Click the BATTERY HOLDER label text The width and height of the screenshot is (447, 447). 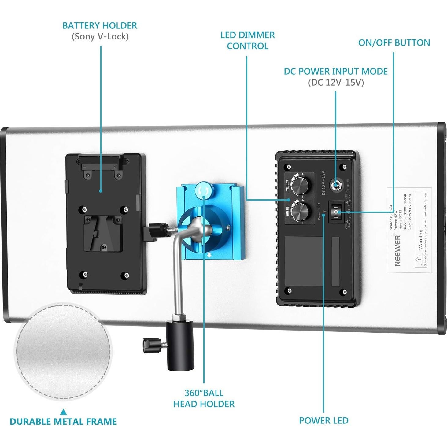click(100, 25)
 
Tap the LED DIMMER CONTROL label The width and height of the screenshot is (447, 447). click(247, 40)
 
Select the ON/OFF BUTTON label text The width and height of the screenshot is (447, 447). click(394, 42)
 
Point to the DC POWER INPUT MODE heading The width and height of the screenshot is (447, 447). click(335, 71)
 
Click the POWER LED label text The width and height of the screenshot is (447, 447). click(323, 420)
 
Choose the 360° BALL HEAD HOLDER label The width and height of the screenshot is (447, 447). click(204, 398)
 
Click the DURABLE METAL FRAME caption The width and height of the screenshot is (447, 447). click(63, 421)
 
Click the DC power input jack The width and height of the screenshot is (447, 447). click(336, 185)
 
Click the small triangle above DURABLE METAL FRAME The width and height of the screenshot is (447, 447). click(63, 412)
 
